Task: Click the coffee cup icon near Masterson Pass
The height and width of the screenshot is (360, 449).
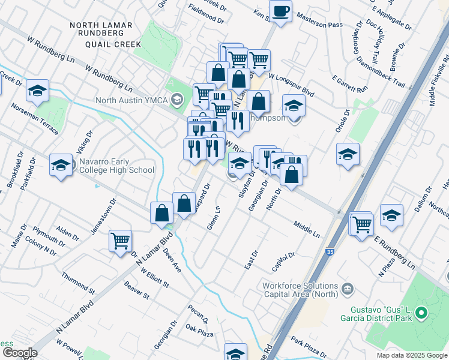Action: coord(280,10)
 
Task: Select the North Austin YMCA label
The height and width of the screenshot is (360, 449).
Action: coord(132,99)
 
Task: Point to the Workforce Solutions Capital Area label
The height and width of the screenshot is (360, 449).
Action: coord(300,290)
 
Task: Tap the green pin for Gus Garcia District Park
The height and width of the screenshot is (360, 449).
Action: coord(421,313)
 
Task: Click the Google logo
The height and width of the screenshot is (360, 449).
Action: coord(19,353)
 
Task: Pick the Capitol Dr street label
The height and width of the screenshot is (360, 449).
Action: coord(284,259)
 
